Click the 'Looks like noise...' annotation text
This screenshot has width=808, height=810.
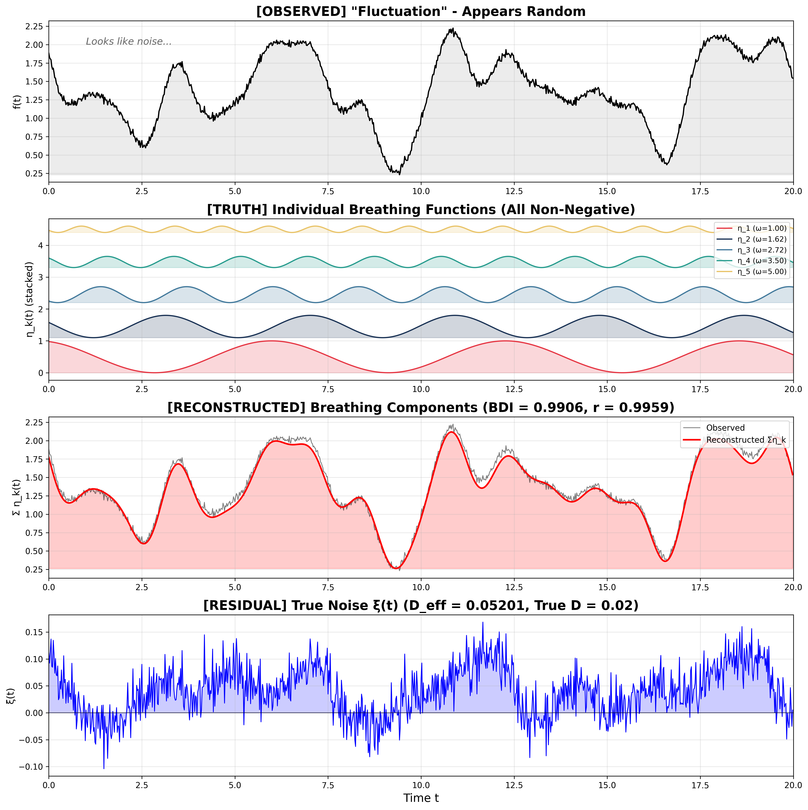(129, 42)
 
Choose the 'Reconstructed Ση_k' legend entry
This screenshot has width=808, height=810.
(746, 440)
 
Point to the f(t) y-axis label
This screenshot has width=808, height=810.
(17, 101)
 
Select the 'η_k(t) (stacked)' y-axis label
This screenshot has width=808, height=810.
(29, 299)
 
